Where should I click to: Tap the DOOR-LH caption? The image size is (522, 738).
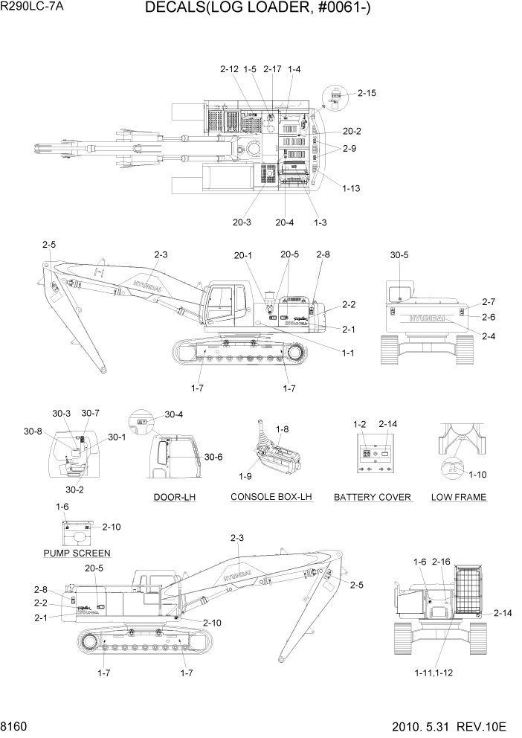(174, 497)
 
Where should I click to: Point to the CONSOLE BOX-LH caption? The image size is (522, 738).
(271, 497)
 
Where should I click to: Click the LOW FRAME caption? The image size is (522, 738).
(459, 497)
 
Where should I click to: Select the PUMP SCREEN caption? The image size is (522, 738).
(77, 553)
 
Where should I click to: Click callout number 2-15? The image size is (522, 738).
(367, 93)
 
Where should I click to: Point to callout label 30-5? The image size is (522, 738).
(399, 255)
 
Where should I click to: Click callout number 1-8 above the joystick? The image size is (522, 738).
(283, 429)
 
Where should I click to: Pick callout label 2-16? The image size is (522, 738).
(441, 561)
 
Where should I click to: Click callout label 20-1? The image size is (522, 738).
(243, 255)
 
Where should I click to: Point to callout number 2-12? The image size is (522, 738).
(229, 69)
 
